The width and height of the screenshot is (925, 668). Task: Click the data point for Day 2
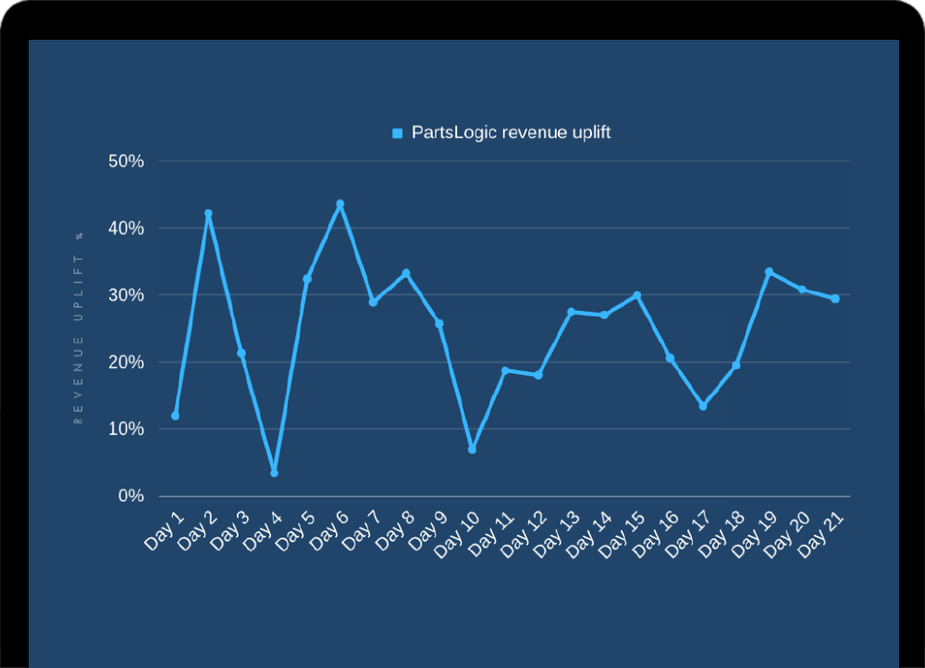208,214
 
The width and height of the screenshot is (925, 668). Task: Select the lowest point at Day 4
274,473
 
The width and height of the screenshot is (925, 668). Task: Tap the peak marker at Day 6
340,204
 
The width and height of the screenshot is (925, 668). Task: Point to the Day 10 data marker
472,449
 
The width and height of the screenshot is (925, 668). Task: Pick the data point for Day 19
769,272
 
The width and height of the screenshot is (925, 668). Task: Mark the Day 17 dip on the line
703,406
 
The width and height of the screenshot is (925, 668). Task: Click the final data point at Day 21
835,299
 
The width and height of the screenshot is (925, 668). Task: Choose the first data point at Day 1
175,415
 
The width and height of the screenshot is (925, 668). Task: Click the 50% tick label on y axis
126,161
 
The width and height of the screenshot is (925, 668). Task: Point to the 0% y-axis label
130,496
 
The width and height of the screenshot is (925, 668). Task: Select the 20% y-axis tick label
126,362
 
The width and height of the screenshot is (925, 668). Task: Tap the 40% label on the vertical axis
126,228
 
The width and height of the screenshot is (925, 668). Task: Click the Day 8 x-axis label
394,532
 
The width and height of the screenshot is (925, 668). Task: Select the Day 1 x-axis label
164,532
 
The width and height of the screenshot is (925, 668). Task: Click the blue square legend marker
398,133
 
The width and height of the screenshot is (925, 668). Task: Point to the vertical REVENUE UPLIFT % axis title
79,328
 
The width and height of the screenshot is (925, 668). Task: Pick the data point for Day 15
636,296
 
